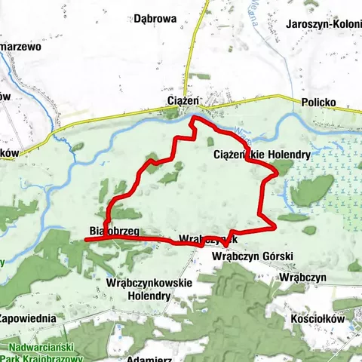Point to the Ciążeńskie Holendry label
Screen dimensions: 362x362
click(x=262, y=155)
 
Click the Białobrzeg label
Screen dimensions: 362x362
click(x=112, y=232)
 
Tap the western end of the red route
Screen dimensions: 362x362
click(x=85, y=239)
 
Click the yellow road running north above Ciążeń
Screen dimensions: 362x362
click(x=195, y=53)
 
